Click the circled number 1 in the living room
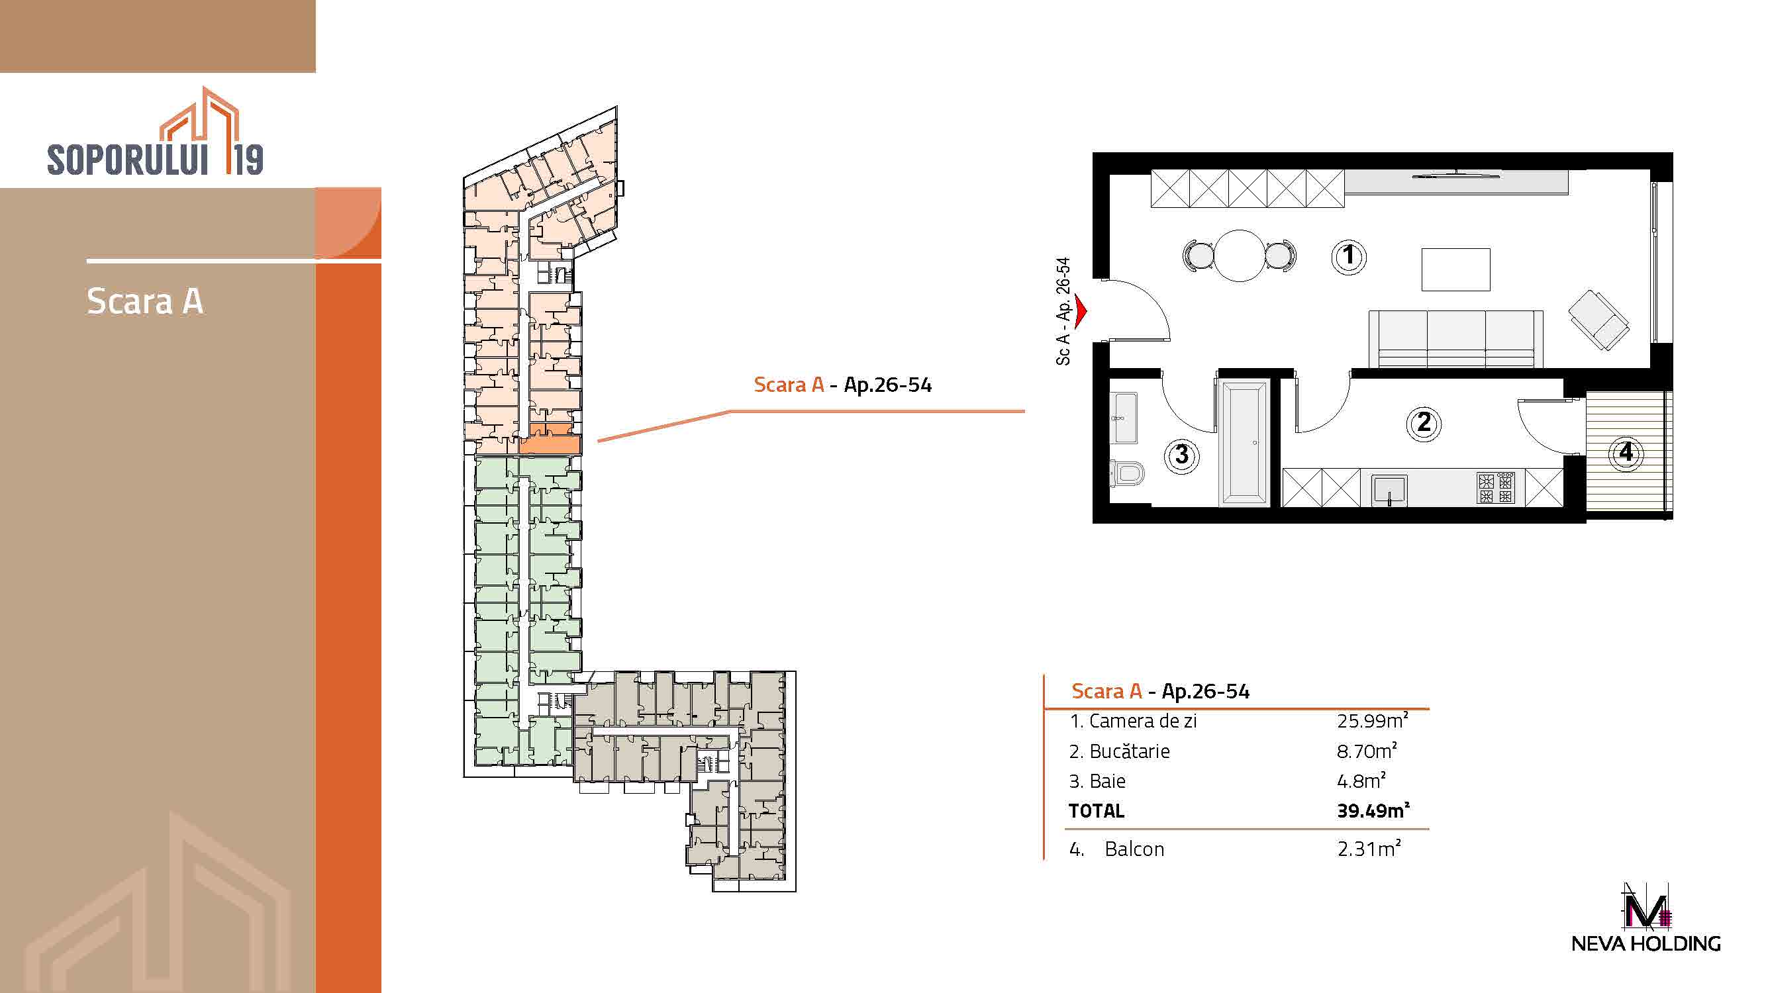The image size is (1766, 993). click(x=1348, y=257)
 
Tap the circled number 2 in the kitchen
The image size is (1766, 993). click(x=1423, y=423)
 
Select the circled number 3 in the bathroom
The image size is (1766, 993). click(x=1182, y=455)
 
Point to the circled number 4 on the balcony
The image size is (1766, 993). click(x=1626, y=452)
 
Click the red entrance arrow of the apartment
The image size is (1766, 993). click(x=1081, y=311)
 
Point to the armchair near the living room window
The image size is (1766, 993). click(x=1598, y=320)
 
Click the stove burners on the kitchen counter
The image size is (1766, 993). click(x=1496, y=488)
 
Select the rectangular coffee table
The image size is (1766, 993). click(x=1455, y=269)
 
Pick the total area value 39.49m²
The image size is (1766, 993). click(x=1373, y=811)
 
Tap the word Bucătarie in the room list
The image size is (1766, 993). click(x=1129, y=751)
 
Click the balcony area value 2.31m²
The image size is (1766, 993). click(x=1369, y=849)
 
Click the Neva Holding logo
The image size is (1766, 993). click(x=1645, y=918)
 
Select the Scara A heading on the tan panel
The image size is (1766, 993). click(x=144, y=301)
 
